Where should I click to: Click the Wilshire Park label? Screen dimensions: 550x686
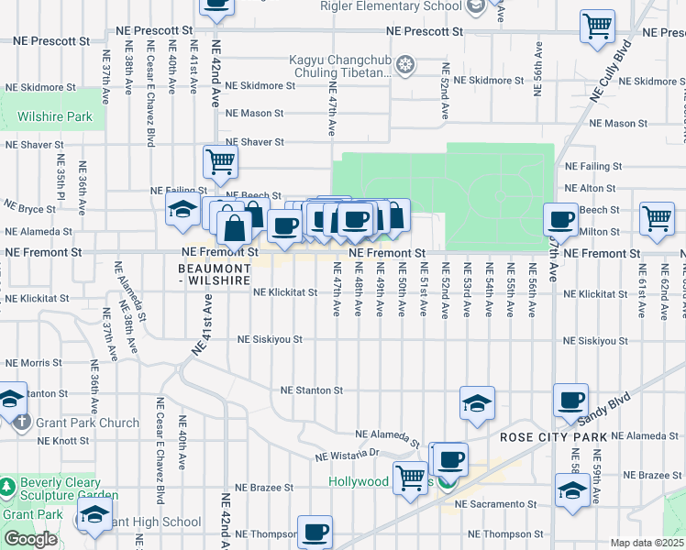click(x=54, y=116)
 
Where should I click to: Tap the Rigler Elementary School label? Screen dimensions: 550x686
click(x=390, y=6)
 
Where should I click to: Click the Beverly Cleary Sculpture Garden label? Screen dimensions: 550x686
click(x=70, y=489)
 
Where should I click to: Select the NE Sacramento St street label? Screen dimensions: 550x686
click(x=494, y=505)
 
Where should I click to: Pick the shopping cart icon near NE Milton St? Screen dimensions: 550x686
click(x=657, y=218)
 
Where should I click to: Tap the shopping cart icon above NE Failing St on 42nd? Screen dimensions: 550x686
click(x=220, y=162)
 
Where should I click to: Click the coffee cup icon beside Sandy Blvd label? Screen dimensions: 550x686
click(x=570, y=400)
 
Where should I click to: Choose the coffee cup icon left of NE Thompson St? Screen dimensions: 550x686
click(x=315, y=532)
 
